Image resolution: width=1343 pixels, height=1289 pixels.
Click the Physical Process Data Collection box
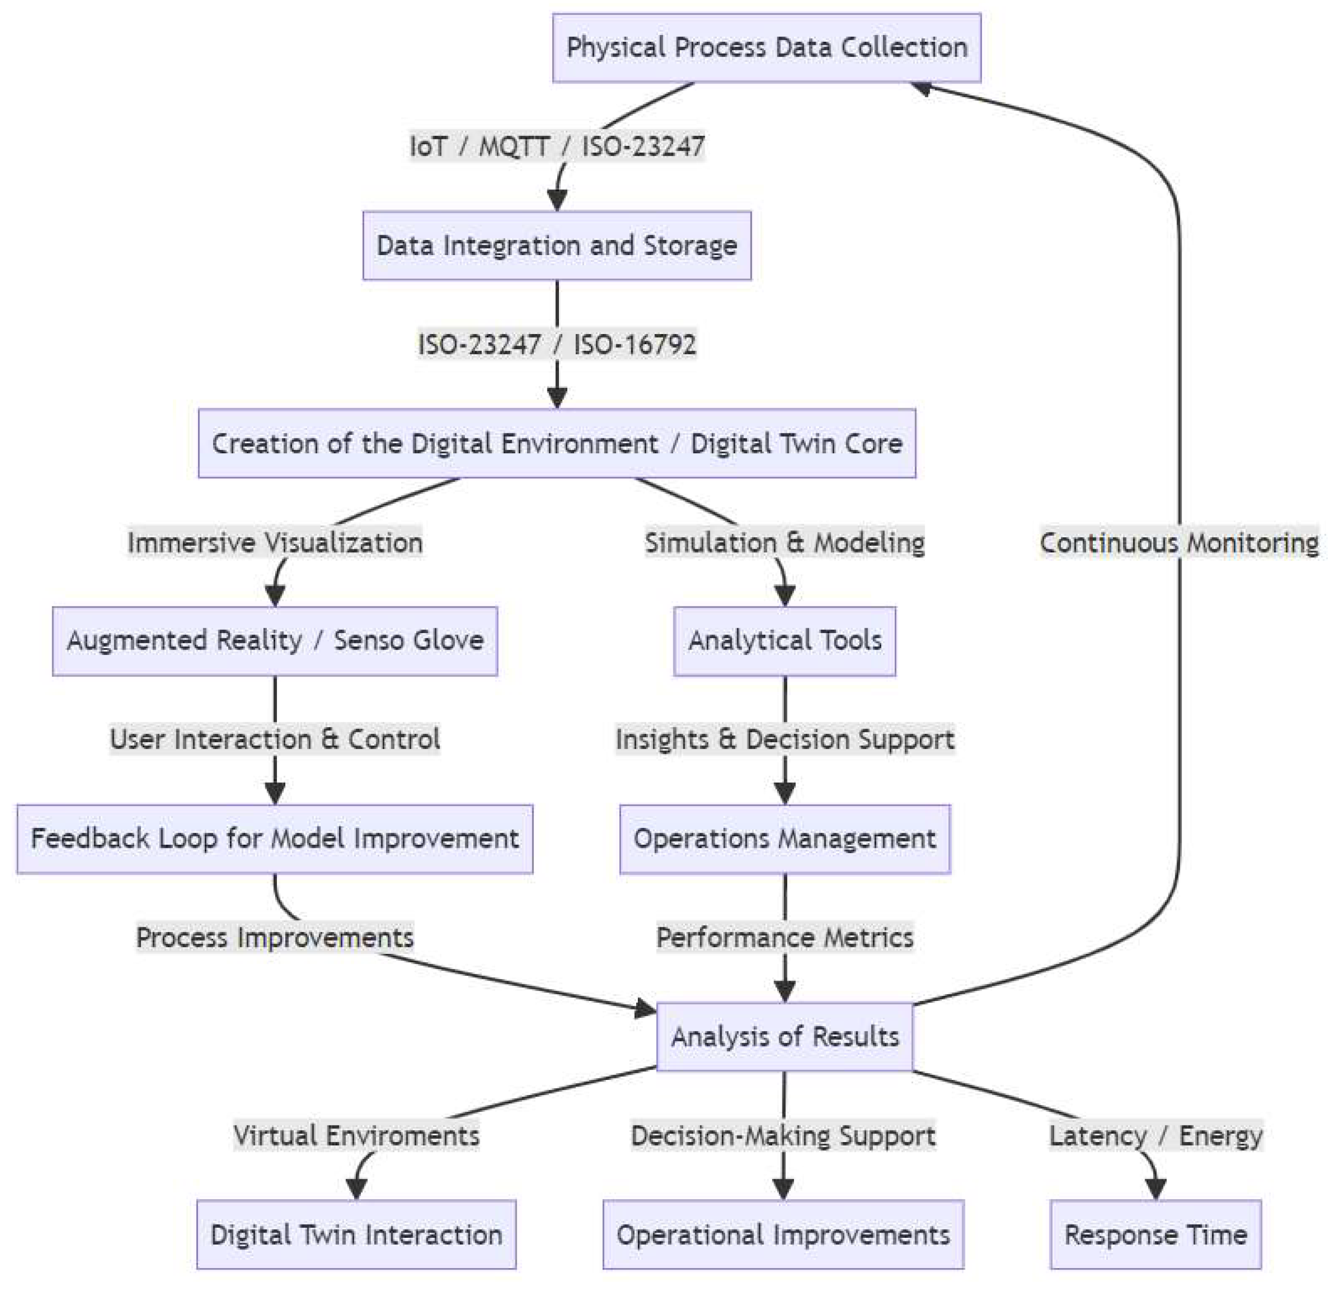coord(766,48)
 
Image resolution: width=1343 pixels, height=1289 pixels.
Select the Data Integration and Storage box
coord(556,246)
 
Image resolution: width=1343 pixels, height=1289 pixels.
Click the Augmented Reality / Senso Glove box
coord(275,640)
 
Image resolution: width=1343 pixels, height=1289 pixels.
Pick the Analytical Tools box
coord(784,640)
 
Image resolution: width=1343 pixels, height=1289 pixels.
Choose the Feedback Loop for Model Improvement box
coord(275,838)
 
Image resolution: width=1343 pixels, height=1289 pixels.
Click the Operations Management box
coord(785,838)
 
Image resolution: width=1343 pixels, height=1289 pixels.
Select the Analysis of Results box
coord(785,1036)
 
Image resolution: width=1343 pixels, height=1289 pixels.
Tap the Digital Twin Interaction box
coord(356,1234)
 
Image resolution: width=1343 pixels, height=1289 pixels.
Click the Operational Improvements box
coord(783,1234)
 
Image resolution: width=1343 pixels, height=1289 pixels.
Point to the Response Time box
coord(1155,1234)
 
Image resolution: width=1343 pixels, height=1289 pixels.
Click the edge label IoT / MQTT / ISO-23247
coord(556,146)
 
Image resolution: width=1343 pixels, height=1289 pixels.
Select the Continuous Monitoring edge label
coord(1178,543)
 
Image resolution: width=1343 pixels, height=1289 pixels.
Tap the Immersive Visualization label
coord(275,543)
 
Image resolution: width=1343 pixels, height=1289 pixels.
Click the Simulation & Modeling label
coord(784,543)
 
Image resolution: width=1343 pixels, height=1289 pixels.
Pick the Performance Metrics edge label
coord(785,937)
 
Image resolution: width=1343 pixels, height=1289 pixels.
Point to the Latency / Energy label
coord(1155,1135)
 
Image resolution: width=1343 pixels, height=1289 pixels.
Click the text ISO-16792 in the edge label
coord(635,344)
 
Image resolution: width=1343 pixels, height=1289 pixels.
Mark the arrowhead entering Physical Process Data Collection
coord(921,88)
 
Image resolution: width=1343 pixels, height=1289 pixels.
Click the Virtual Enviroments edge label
coord(356,1135)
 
